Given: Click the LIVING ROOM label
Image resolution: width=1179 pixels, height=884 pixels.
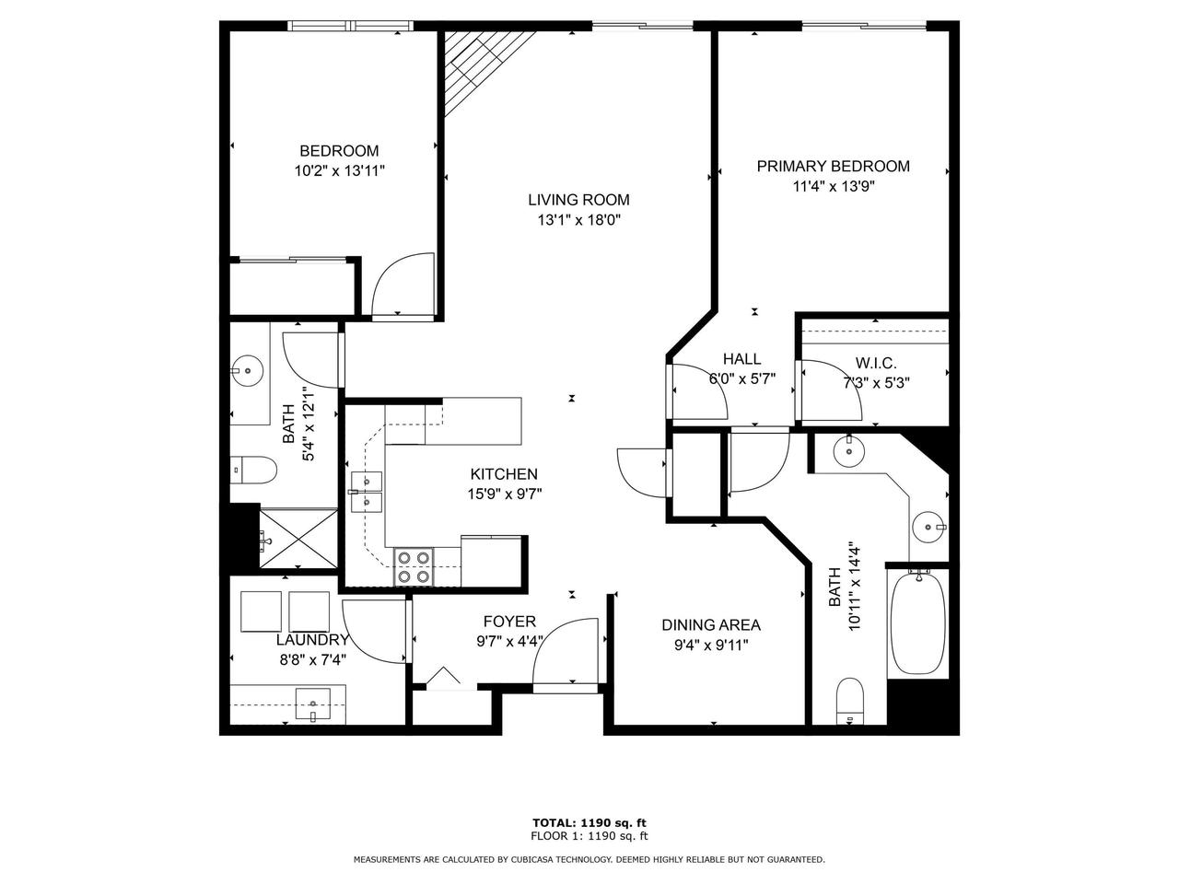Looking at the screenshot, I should [x=578, y=200].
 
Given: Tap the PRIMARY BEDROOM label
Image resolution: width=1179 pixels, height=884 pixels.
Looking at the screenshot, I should [x=833, y=167].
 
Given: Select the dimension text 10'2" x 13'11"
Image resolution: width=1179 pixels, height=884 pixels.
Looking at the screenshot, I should [x=339, y=170].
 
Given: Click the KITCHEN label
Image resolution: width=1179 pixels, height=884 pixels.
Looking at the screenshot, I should [x=504, y=474].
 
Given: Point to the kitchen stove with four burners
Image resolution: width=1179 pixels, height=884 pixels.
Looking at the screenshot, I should [x=414, y=566].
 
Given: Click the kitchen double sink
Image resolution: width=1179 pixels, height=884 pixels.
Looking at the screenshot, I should [x=367, y=492].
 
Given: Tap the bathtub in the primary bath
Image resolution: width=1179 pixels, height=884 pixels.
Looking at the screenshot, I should [x=916, y=622].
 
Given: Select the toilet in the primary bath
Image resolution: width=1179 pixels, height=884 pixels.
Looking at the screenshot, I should [x=848, y=702].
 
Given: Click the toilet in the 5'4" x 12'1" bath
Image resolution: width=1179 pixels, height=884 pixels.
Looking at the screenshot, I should [x=254, y=471].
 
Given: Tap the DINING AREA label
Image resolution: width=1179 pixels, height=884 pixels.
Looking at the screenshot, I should [x=711, y=625].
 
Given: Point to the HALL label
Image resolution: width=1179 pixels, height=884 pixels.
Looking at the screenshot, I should [x=741, y=359].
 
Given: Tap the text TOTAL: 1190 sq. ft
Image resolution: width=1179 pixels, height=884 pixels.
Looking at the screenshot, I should [x=589, y=822].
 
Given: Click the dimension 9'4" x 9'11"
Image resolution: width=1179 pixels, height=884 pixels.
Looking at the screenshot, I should [x=711, y=646].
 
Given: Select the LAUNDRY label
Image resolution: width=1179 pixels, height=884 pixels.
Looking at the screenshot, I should [x=312, y=640].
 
